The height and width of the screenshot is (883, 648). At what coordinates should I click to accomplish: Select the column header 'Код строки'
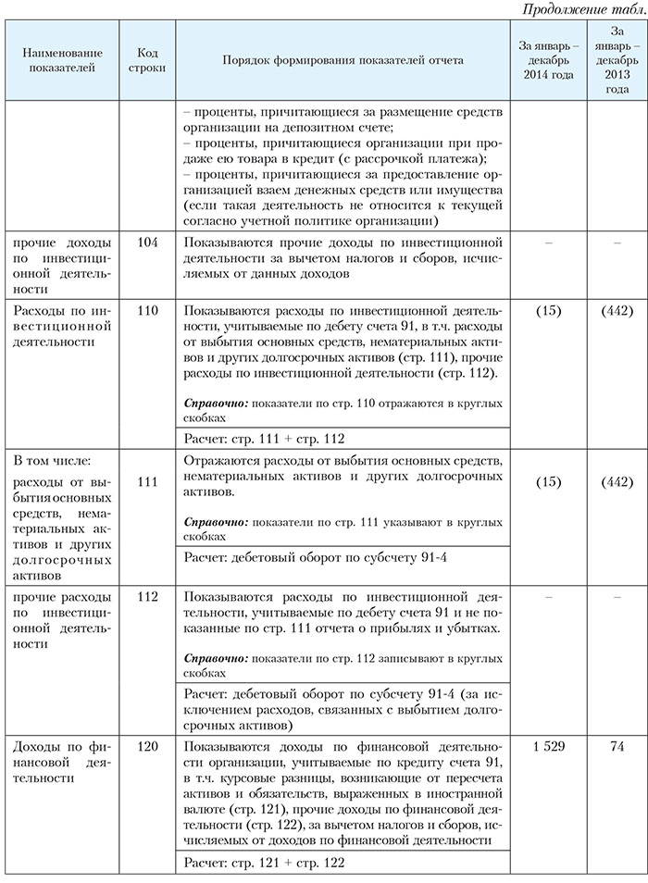tap(146, 60)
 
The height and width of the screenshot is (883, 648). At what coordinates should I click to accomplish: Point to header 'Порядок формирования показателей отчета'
tap(343, 60)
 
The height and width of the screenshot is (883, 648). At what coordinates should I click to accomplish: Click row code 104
tap(146, 242)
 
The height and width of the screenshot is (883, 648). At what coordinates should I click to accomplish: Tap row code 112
tap(146, 597)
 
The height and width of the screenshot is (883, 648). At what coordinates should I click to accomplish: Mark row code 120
tap(146, 746)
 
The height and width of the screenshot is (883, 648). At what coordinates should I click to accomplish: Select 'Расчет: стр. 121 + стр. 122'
tap(265, 863)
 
